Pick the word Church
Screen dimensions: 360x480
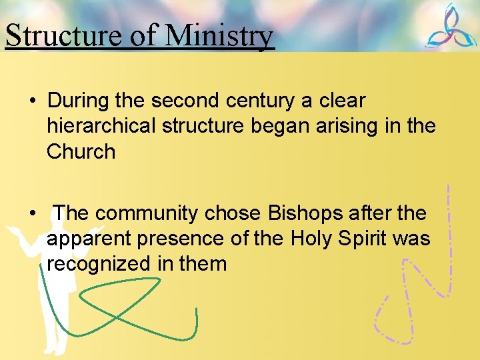click(x=81, y=151)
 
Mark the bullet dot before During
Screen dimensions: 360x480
click(x=32, y=101)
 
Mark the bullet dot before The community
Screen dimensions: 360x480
click(x=32, y=214)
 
